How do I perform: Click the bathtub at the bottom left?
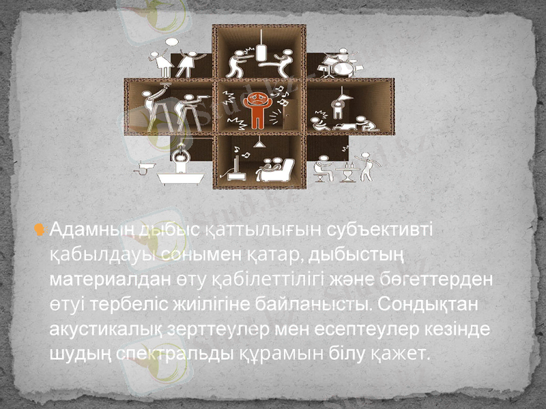pos(179,176)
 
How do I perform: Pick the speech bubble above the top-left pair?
pos(171,42)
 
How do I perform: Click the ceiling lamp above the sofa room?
pos(259,144)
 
